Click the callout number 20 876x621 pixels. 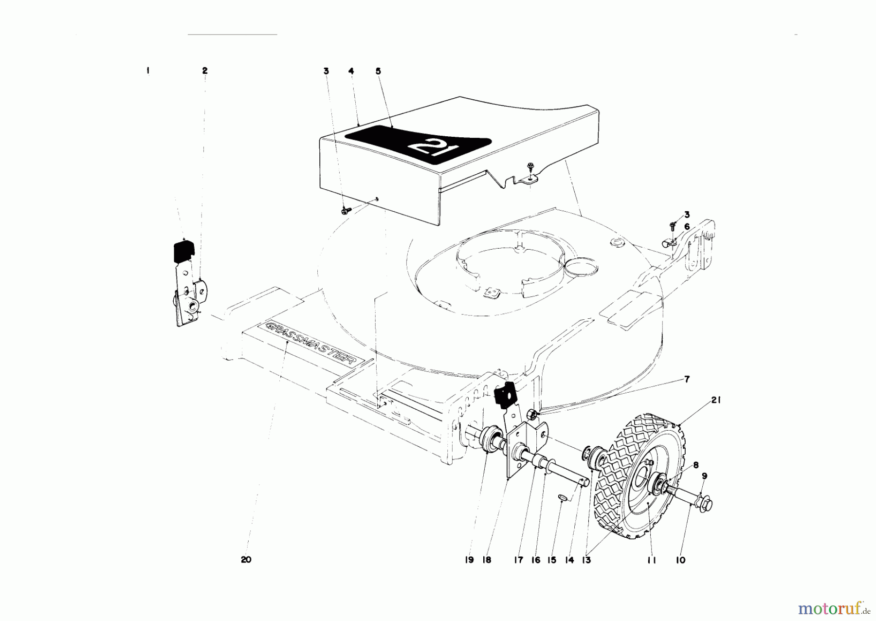246,560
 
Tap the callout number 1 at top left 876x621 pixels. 147,71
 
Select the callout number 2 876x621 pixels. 205,71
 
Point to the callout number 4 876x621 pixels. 351,71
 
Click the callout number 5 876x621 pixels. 378,71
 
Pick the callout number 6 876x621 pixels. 687,227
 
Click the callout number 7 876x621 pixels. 687,379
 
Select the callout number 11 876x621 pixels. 652,561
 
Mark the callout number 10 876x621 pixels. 680,561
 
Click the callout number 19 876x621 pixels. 469,561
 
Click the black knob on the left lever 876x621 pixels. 183,250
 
